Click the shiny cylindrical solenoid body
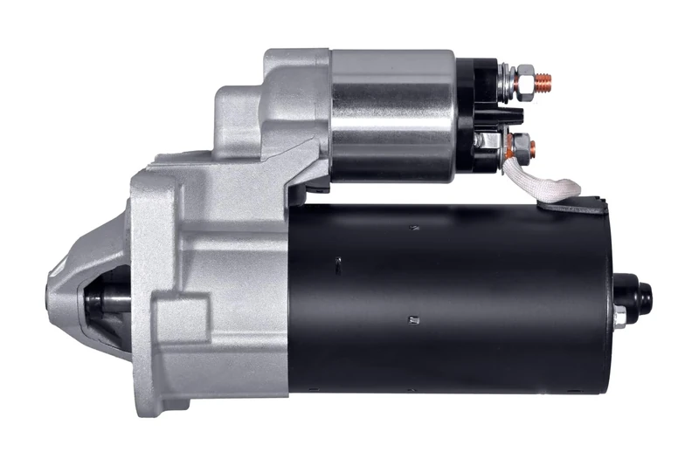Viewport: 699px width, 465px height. pos(393,113)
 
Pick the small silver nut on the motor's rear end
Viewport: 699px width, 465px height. pos(619,319)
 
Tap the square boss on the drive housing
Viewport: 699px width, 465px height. pos(179,314)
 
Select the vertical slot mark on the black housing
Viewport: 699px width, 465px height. pos(336,262)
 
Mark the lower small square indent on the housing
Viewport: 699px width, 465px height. pos(409,321)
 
